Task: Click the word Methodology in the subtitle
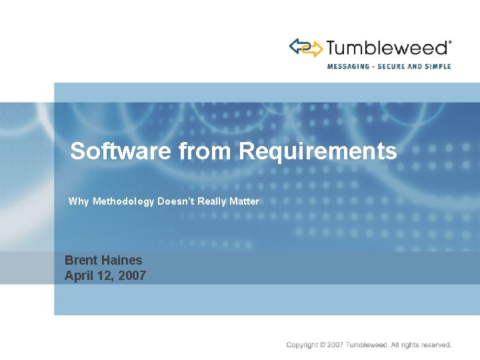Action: [123, 201]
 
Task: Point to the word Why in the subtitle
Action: [78, 201]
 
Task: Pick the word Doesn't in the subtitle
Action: [175, 201]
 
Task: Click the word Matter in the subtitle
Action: [244, 201]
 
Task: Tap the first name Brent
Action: [79, 261]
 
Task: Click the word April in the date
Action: [77, 275]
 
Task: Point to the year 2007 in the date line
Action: [133, 275]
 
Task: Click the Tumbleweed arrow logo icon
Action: [305, 47]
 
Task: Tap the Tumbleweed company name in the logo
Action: [387, 48]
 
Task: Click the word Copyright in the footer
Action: [301, 345]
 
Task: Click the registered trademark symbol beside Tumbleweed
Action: [450, 41]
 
